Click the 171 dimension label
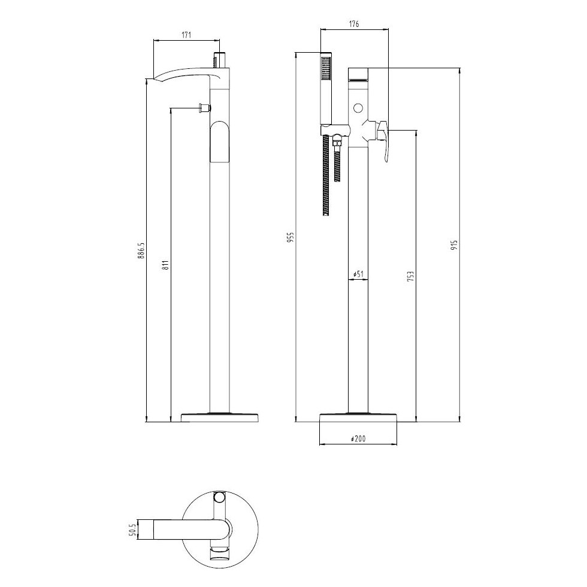186,35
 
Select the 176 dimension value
353,24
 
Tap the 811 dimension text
165,264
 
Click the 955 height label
291,237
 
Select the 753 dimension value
410,276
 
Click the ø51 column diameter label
358,274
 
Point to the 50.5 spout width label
134,529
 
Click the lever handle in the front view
383,139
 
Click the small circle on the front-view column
358,108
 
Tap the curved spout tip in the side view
151,78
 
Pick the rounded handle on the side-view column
220,141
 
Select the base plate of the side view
219,417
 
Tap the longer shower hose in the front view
326,174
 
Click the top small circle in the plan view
220,497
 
